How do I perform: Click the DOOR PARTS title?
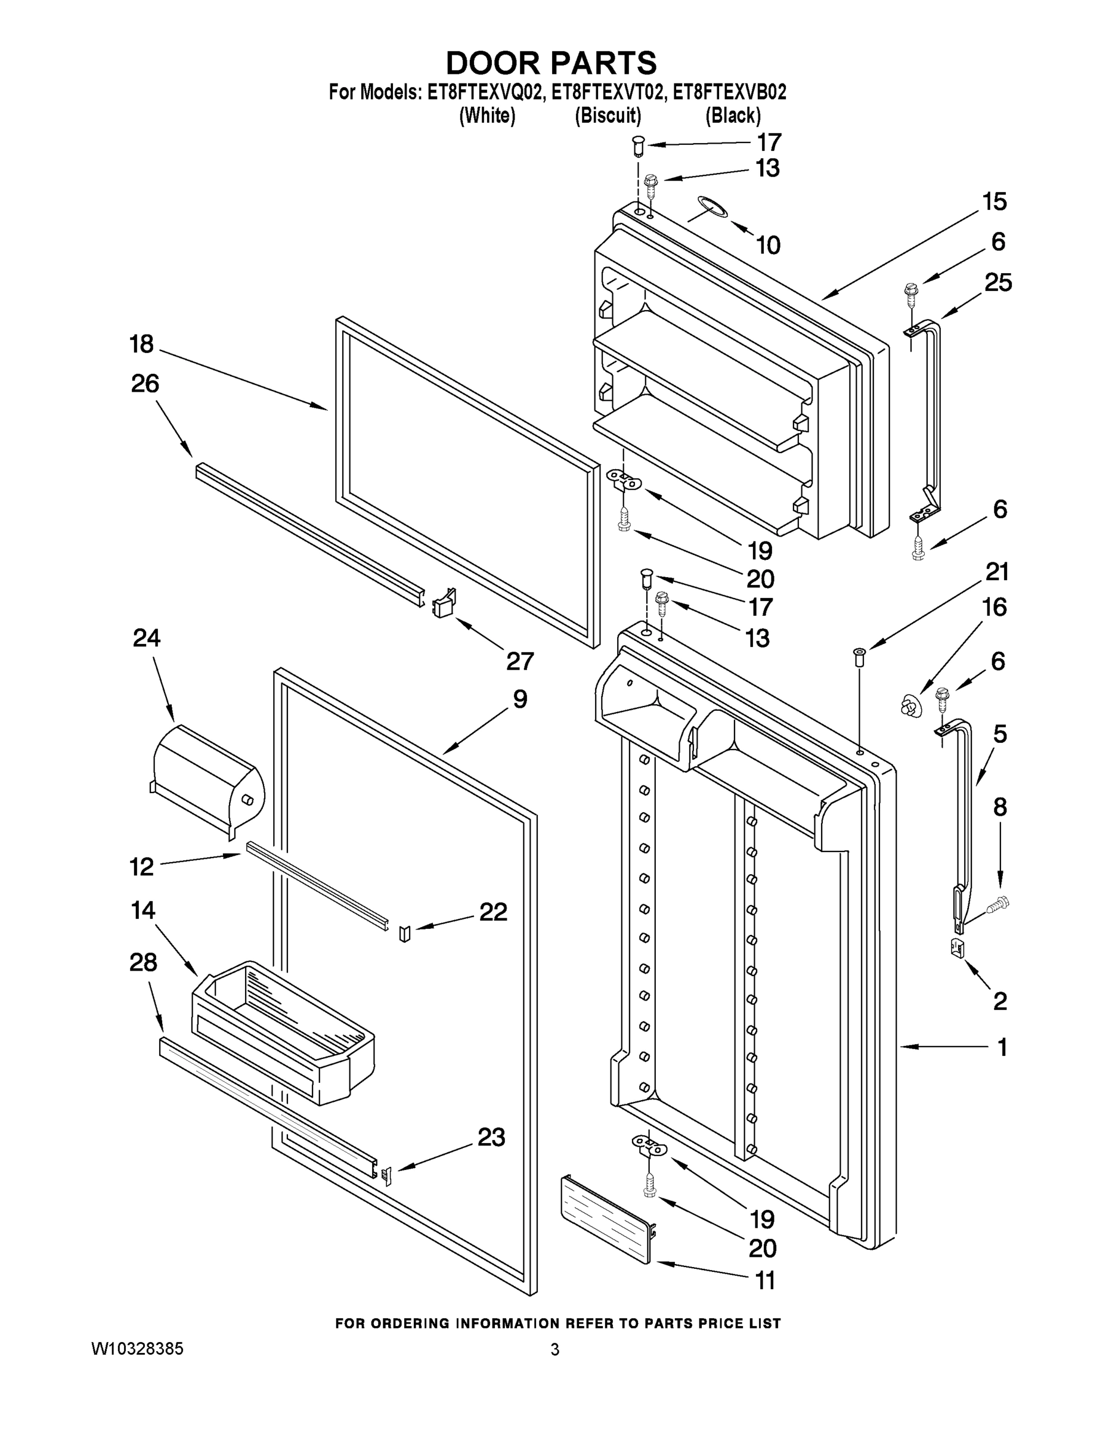551,64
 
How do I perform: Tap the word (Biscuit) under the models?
608,116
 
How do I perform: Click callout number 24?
146,637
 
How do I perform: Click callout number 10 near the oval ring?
768,246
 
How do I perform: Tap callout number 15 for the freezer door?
995,202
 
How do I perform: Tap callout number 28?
144,962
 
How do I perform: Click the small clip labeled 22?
404,933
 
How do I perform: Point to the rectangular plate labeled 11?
608,1219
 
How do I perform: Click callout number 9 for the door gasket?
519,699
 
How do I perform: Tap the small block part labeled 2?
958,948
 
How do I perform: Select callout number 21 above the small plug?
997,572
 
